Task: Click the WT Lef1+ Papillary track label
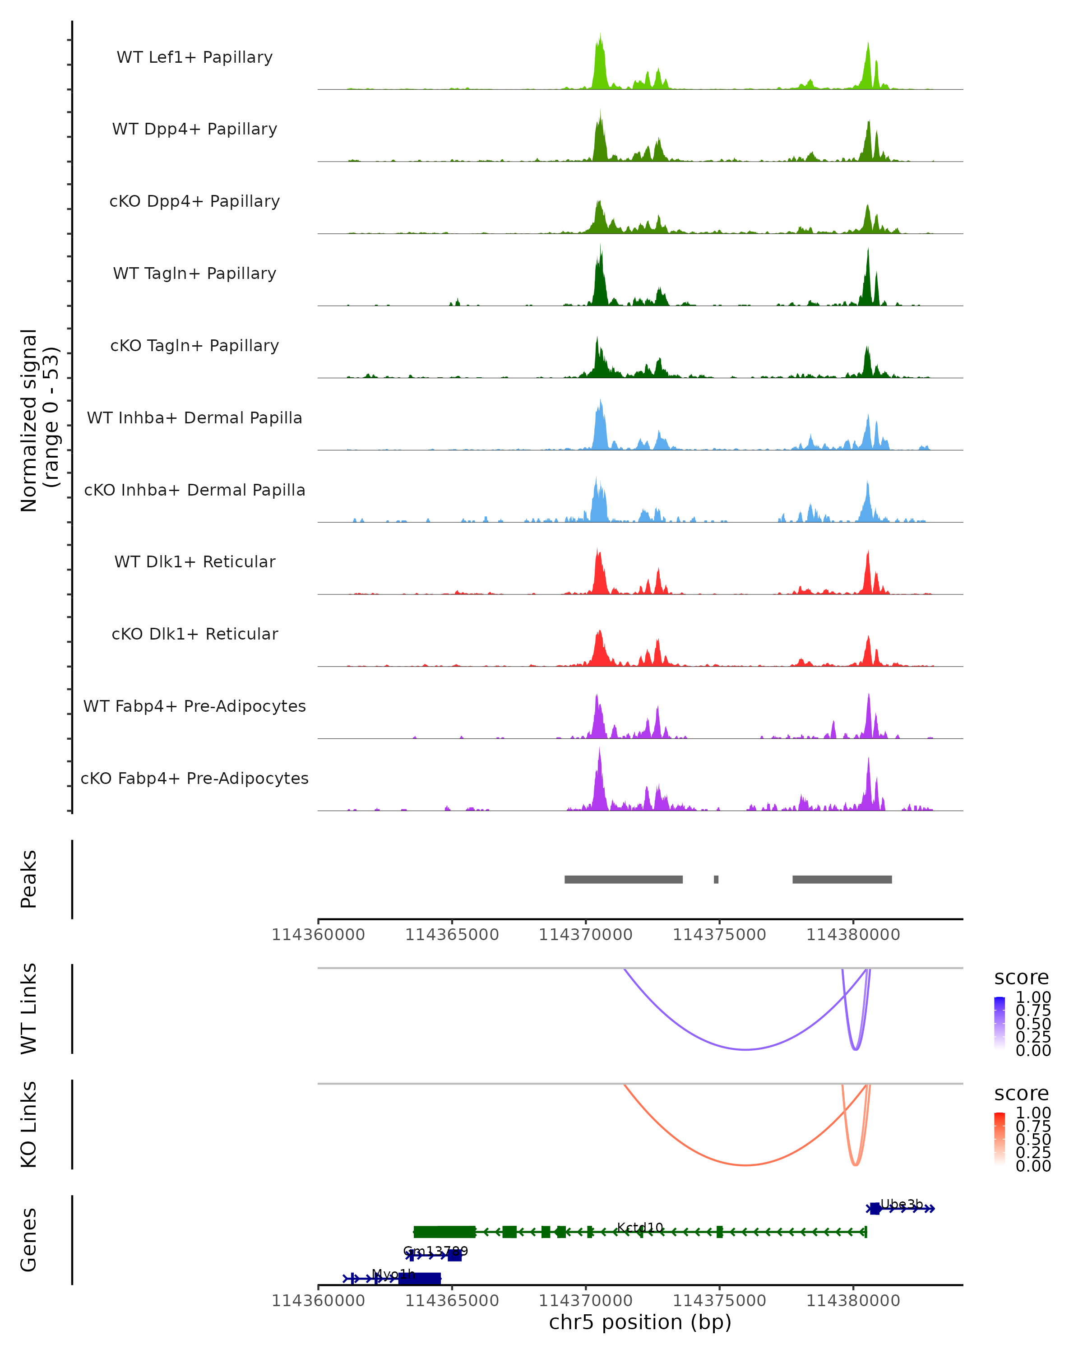pos(194,57)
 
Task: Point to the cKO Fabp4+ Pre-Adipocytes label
pos(194,778)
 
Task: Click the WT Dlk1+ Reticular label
pos(194,561)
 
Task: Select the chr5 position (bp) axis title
pos(640,1322)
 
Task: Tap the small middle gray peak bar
pos(716,879)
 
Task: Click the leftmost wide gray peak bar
pos(624,879)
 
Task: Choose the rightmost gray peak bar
pos(842,879)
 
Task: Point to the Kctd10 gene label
pos(640,1227)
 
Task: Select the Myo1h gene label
pos(393,1274)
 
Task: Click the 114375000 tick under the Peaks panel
pos(719,935)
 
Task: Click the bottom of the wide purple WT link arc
pos(745,1049)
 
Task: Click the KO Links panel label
pos(29,1125)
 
